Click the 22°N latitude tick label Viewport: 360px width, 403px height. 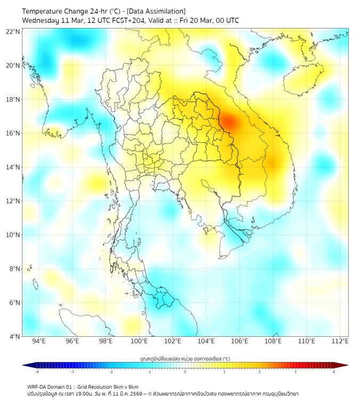(x=13, y=31)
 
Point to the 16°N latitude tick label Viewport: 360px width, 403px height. (x=13, y=133)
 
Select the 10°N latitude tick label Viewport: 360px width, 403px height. (x=13, y=235)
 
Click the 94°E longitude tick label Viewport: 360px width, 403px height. (x=39, y=341)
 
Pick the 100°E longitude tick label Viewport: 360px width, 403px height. (x=139, y=341)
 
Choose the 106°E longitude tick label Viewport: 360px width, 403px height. (x=240, y=341)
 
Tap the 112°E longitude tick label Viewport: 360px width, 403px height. (x=340, y=341)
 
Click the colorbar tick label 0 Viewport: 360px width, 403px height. (x=185, y=372)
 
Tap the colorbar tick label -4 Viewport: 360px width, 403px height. (x=36, y=372)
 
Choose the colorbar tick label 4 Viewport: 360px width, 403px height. (x=334, y=372)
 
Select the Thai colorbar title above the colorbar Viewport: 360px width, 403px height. (x=185, y=359)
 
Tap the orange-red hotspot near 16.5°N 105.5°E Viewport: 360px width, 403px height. (x=228, y=122)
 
